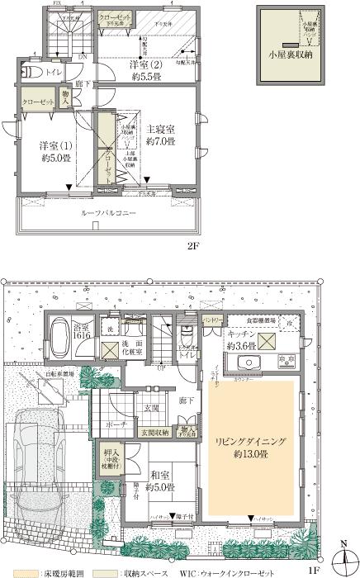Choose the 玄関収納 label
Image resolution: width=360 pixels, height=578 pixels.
[x=155, y=432]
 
